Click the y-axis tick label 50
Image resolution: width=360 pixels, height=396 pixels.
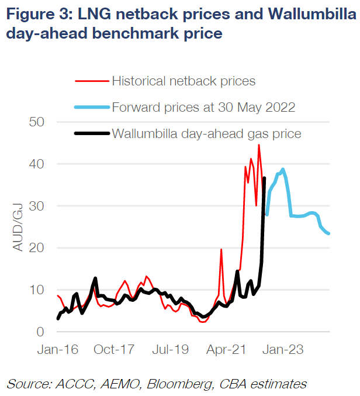tap(37, 122)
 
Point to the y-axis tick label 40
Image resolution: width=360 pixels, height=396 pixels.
tap(37, 164)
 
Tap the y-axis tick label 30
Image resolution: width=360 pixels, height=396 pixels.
tap(37, 206)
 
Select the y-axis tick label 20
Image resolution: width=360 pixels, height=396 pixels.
tap(37, 248)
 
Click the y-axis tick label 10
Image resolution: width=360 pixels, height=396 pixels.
tap(37, 290)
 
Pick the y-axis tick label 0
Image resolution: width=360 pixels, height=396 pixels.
tap(40, 332)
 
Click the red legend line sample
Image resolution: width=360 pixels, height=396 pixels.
tap(92, 81)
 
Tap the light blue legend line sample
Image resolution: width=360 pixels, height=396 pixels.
tap(92, 107)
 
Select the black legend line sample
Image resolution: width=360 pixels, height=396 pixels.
tap(92, 133)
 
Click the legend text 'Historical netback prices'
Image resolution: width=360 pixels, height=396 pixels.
tap(184, 81)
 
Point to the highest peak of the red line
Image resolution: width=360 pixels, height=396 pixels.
tap(259, 145)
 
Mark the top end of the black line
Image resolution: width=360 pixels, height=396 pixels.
tap(265, 178)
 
